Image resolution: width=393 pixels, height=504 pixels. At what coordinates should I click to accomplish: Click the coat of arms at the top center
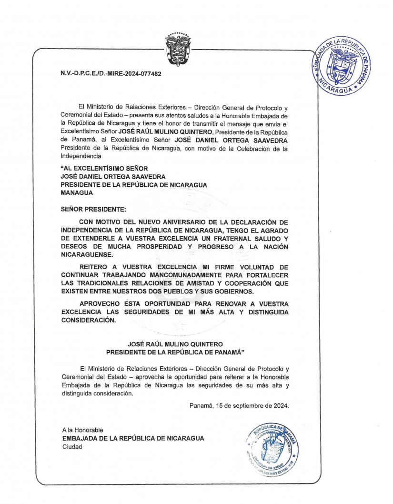(177, 49)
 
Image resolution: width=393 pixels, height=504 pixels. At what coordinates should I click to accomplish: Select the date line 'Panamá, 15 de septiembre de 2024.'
(239, 406)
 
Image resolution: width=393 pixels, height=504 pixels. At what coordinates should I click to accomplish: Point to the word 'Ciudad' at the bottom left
(72, 446)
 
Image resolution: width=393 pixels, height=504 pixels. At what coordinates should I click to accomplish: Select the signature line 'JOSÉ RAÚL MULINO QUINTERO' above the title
(175, 344)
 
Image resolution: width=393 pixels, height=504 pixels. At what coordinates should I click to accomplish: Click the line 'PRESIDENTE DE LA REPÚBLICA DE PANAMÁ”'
(175, 352)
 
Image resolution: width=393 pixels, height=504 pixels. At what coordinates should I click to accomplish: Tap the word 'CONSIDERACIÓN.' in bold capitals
(88, 320)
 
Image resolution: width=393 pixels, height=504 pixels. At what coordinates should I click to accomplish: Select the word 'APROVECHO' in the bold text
(102, 303)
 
